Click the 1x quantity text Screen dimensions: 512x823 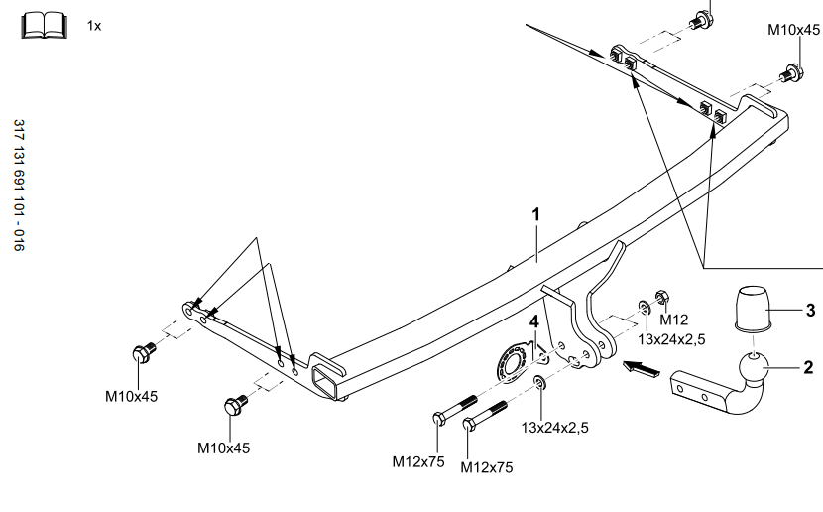pyautogui.click(x=94, y=25)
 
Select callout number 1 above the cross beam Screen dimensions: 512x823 pyautogui.click(x=535, y=214)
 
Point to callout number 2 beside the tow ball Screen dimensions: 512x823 pyautogui.click(x=808, y=368)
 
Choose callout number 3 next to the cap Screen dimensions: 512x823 pyautogui.click(x=809, y=311)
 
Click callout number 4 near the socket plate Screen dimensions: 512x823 pyautogui.click(x=533, y=321)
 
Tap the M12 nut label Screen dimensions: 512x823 pyautogui.click(x=674, y=319)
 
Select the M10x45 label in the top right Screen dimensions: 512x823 pyautogui.click(x=794, y=30)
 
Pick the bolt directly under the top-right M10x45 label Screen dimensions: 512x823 pyautogui.click(x=792, y=72)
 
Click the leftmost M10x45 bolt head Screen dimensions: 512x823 pyautogui.click(x=141, y=352)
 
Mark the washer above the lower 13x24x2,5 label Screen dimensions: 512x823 pyautogui.click(x=538, y=383)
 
